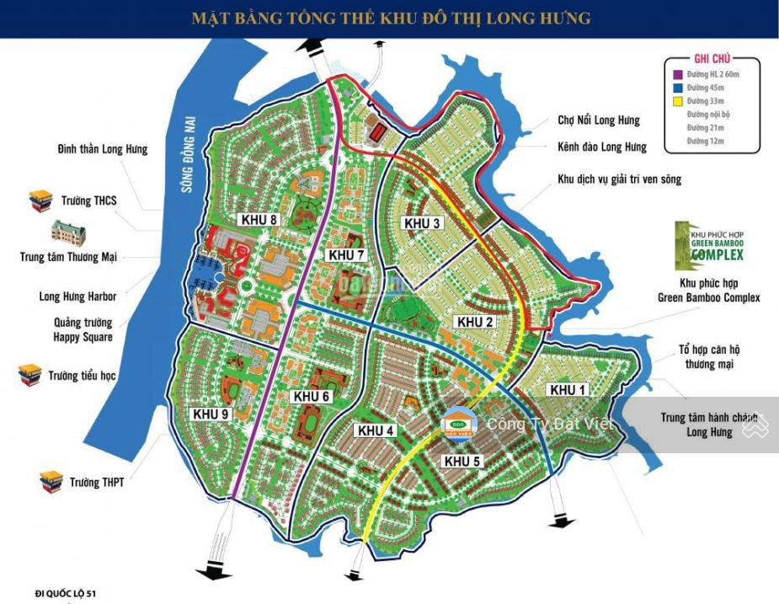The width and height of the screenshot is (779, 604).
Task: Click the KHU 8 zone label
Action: [259, 220]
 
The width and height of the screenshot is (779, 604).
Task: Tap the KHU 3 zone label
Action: [422, 223]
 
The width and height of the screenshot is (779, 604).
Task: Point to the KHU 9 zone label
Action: [211, 414]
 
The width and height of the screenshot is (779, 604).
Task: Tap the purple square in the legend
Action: [677, 75]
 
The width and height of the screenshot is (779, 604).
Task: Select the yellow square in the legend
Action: [677, 101]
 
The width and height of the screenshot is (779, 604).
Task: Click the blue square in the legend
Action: [677, 88]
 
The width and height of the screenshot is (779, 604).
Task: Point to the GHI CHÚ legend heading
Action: [712, 58]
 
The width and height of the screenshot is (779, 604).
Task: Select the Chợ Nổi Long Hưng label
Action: [598, 120]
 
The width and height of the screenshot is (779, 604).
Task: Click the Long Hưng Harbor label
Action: [77, 297]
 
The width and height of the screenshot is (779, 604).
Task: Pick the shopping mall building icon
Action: [68, 230]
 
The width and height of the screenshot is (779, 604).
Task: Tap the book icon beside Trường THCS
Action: [40, 201]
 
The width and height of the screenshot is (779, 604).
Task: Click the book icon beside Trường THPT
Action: [51, 482]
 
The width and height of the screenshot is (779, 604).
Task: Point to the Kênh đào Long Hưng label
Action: [601, 147]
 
